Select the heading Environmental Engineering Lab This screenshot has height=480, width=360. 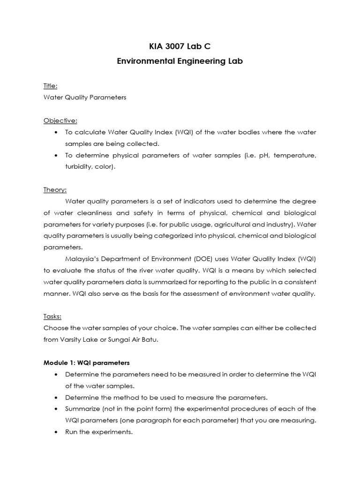point(180,61)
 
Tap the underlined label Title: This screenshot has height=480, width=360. point(51,86)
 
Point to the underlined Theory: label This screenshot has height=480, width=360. point(55,189)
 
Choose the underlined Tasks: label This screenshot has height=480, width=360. point(52,316)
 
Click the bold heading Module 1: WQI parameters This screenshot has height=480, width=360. point(86,362)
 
